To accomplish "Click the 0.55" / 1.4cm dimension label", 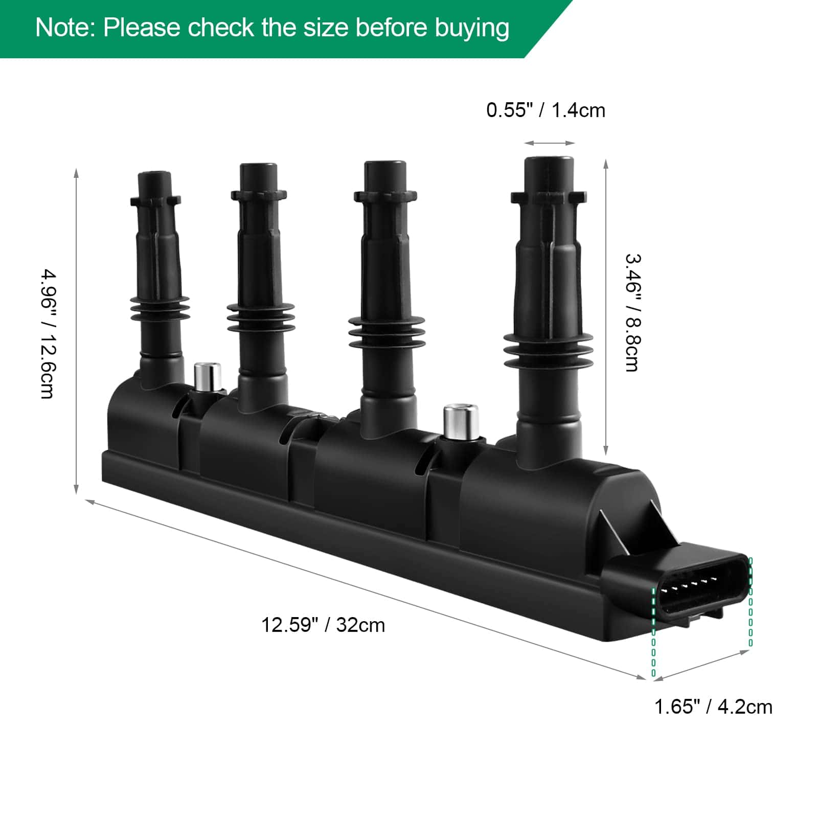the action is [546, 110].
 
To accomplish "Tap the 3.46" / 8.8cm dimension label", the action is [632, 312].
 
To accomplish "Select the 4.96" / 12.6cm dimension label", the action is [48, 334].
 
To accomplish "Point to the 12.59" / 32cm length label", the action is [323, 625].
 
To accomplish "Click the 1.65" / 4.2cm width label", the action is [713, 707].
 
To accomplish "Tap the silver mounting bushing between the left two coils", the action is [207, 376].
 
